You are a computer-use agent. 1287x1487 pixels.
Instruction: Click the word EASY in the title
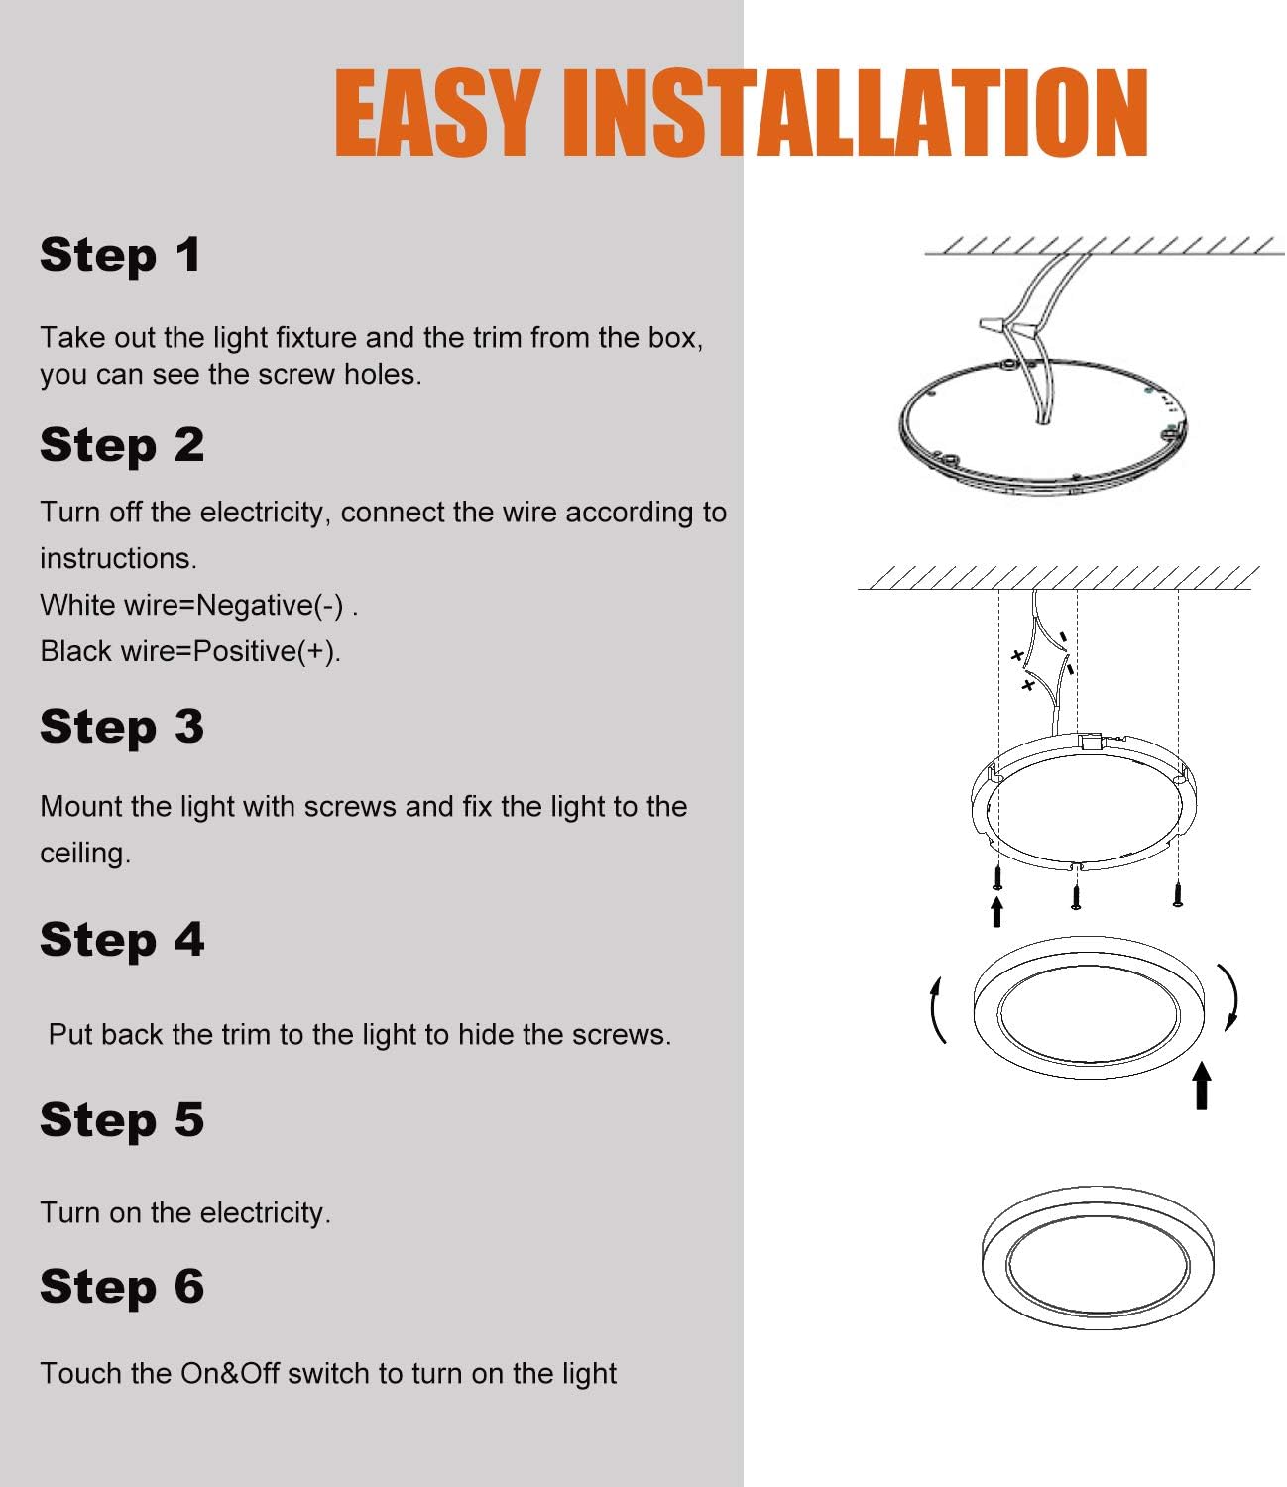tap(436, 113)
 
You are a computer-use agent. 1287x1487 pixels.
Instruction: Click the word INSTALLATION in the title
tap(854, 113)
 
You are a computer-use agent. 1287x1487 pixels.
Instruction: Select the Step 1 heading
tap(121, 256)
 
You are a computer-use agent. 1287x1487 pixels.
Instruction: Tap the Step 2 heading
tap(122, 445)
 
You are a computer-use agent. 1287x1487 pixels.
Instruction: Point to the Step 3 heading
tap(122, 727)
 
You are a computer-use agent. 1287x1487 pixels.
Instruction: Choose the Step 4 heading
tap(122, 940)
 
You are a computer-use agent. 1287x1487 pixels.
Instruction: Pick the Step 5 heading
tap(122, 1120)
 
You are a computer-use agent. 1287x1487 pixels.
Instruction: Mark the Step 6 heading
tap(122, 1287)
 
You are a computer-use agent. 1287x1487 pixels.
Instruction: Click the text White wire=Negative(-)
tap(198, 605)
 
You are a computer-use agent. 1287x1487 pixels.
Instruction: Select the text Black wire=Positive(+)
tap(190, 651)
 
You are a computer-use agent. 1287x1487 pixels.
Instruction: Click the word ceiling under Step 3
tap(84, 854)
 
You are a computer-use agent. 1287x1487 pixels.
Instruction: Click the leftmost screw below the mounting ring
tap(997, 876)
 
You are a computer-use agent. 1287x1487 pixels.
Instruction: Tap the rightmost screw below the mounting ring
tap(1177, 893)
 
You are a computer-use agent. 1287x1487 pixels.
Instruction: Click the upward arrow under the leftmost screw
tap(996, 912)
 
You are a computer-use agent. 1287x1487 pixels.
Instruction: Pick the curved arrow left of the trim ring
tap(937, 1011)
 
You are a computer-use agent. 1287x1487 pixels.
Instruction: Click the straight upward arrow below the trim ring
tap(1202, 1086)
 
